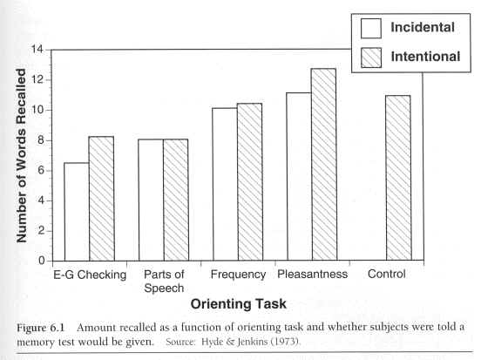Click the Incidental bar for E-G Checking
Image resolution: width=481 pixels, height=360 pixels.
pos(77,212)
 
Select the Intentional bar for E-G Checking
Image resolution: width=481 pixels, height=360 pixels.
pos(102,199)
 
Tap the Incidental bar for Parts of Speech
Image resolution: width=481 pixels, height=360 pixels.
pos(151,200)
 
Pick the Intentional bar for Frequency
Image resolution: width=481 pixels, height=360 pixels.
pos(250,182)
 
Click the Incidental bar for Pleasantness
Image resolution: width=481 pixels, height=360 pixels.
pos(300,177)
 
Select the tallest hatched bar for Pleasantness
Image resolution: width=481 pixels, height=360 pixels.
pos(324,165)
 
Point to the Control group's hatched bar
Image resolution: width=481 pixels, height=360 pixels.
pos(398,178)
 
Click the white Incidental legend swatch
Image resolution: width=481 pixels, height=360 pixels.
pos(371,28)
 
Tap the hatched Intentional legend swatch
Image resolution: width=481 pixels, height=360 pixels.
pos(371,58)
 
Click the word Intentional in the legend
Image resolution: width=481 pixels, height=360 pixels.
pos(425,57)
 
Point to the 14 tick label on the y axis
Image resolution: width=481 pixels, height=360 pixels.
pos(37,49)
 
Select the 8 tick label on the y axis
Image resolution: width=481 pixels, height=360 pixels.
pos(41,140)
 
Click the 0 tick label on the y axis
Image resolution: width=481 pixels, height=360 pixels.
pos(42,261)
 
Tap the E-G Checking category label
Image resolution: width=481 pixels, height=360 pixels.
pos(90,275)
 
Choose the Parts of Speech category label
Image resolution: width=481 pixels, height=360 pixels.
pos(164,282)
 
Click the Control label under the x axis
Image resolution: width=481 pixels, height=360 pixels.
pos(387,274)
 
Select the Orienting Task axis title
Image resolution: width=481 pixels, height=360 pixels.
pos(239,304)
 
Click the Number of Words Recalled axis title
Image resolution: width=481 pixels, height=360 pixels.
pos(21,155)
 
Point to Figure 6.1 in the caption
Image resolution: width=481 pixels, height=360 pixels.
pos(40,328)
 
